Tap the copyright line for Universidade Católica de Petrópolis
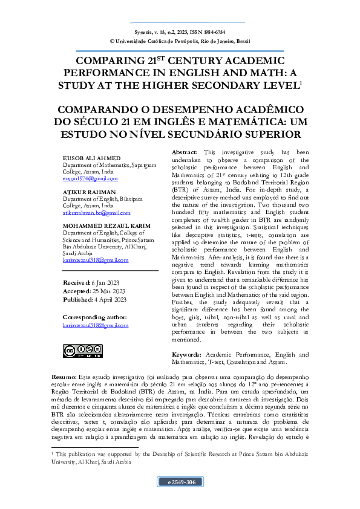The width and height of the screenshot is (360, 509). click(180, 42)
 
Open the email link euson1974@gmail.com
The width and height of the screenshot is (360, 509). click(90, 179)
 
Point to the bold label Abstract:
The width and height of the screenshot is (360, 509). click(185, 152)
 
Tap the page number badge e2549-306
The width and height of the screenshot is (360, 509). click(179, 482)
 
